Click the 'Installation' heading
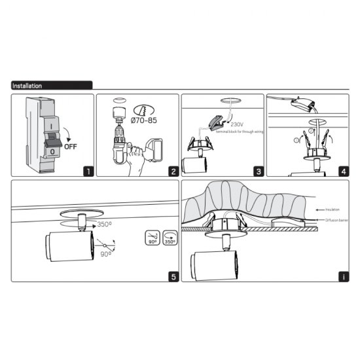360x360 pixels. click(27, 86)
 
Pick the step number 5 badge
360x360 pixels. click(172, 276)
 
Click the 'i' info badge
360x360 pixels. click(344, 276)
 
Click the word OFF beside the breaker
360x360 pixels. click(70, 147)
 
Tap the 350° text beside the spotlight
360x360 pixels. click(104, 224)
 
